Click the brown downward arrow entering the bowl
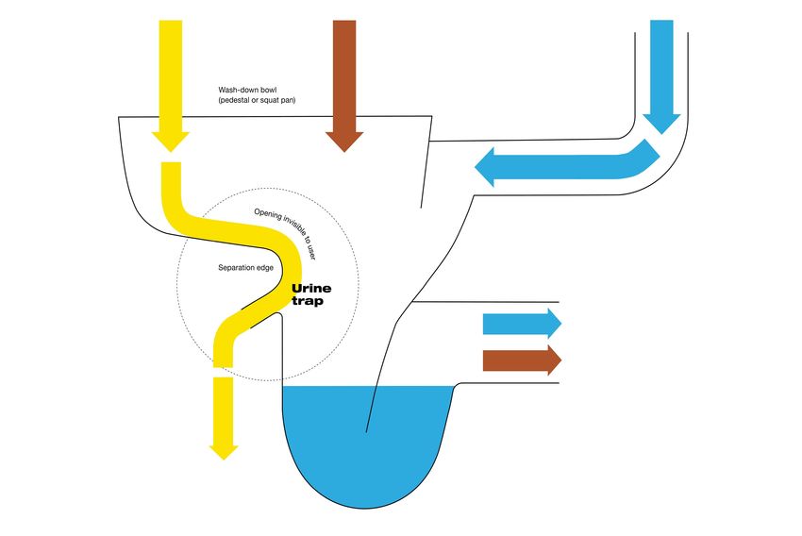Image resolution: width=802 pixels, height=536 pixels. point(344,85)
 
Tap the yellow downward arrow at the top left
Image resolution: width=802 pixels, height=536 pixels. point(171,85)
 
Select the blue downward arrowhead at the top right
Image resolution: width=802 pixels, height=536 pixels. point(661,117)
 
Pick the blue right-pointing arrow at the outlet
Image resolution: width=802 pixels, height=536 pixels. point(522,324)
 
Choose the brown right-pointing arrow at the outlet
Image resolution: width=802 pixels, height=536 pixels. point(522,360)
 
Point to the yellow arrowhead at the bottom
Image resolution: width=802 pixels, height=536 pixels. point(224,447)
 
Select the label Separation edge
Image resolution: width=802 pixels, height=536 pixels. point(247,268)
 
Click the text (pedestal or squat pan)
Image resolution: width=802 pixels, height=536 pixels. point(257,101)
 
